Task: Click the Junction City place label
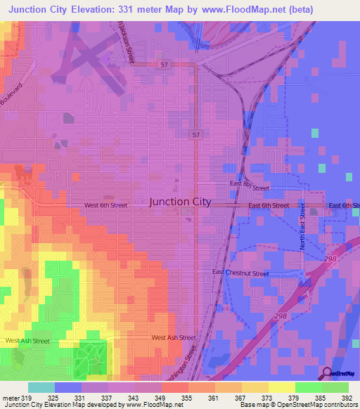[x=180, y=202]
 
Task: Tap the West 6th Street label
[x=105, y=205]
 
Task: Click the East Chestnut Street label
[x=240, y=273]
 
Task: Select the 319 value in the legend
[x=26, y=396]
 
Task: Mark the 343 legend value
[x=135, y=396]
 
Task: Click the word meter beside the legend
[x=9, y=396]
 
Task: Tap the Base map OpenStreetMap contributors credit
[x=297, y=405]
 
